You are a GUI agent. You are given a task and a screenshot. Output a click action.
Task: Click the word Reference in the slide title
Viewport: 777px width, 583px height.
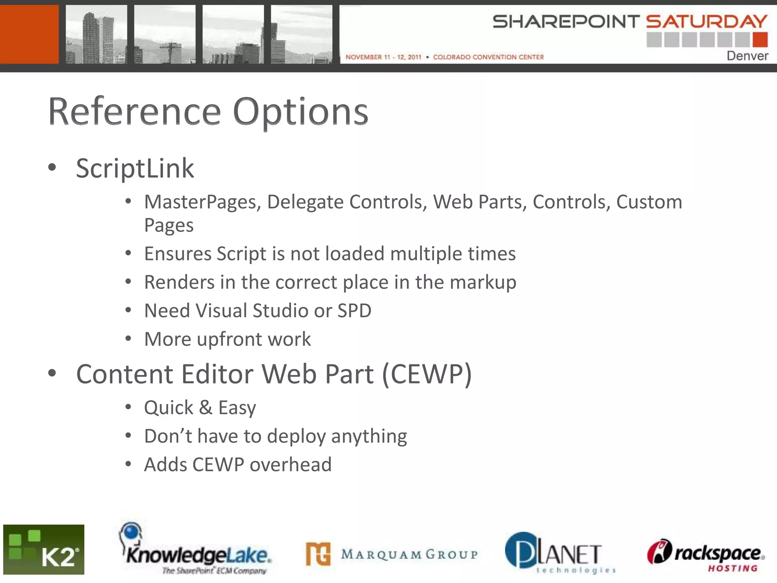coord(134,112)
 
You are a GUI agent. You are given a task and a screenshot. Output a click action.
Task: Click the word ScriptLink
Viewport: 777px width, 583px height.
coord(135,168)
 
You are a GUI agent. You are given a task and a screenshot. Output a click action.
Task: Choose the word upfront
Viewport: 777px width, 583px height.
coord(229,339)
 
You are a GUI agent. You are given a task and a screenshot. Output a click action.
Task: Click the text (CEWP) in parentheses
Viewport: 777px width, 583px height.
coord(427,375)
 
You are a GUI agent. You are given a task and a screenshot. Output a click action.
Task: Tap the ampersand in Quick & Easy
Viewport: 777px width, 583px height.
coord(205,408)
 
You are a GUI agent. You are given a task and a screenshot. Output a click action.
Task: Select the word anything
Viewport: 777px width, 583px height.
coord(369,436)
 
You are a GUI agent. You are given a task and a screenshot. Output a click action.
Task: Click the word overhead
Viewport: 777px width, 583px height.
coord(290,465)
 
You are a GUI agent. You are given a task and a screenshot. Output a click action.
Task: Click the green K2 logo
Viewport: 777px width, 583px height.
coord(44,549)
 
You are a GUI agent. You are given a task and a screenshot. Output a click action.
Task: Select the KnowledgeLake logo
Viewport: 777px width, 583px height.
coord(195,550)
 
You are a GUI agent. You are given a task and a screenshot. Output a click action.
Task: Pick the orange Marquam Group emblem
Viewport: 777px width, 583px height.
coord(318,554)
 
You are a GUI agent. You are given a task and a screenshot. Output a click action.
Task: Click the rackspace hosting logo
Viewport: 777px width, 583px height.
coord(706,554)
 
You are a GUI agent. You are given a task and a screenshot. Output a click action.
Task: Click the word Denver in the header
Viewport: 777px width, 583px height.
coord(747,56)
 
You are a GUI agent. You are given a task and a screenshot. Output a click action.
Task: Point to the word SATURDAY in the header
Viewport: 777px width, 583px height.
coord(706,22)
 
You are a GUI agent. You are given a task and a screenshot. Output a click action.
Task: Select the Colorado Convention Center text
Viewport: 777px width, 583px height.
coord(488,57)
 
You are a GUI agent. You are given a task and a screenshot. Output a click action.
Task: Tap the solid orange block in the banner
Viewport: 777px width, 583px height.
coord(29,34)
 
